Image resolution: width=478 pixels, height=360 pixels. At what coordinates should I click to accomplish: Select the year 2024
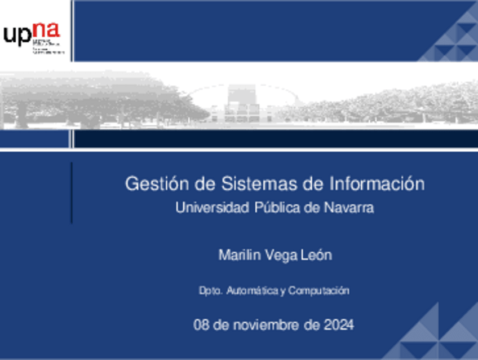(339, 325)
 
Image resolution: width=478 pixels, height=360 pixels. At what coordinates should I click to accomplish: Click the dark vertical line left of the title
(72, 192)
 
